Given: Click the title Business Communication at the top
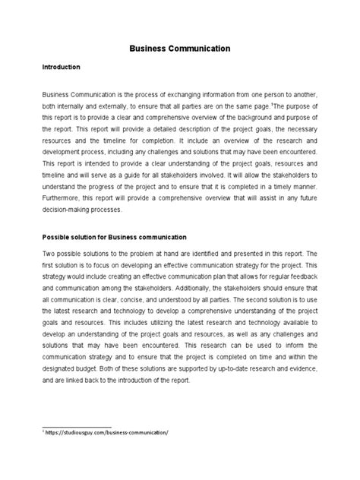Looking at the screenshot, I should click(179, 49).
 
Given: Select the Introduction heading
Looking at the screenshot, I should click(61, 68).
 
